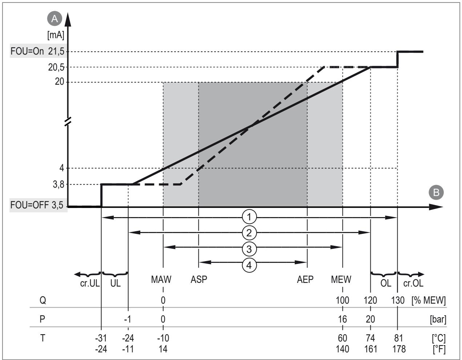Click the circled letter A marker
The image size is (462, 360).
[55, 19]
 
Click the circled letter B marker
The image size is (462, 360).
[436, 192]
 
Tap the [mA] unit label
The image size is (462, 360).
[56, 35]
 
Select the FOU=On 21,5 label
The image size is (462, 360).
[37, 51]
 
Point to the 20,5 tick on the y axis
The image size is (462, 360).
[56, 67]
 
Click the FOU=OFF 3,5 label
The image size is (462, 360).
[37, 205]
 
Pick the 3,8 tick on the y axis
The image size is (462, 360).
[59, 185]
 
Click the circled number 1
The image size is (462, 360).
[249, 217]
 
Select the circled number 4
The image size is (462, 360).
[249, 265]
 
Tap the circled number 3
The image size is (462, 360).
[249, 249]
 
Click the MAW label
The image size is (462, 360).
[161, 279]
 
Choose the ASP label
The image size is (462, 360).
[199, 279]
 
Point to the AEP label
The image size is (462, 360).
[305, 279]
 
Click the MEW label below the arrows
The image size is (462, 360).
[341, 279]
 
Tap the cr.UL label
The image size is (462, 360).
[90, 283]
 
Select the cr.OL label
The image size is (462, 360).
[413, 283]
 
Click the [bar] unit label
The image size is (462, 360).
[438, 319]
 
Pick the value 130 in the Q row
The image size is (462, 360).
[398, 300]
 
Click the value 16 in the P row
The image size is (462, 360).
[342, 319]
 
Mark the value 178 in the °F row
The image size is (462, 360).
[399, 349]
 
